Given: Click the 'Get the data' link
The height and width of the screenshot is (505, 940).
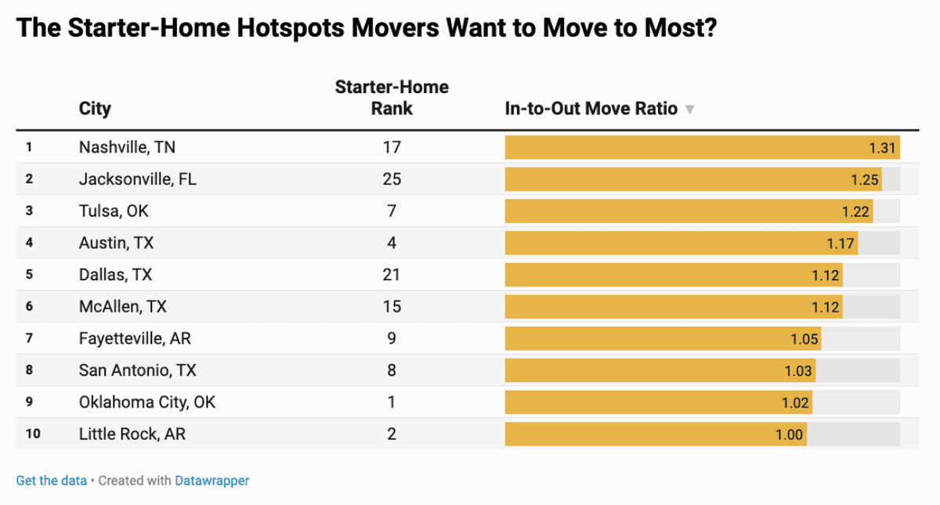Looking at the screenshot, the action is (51, 481).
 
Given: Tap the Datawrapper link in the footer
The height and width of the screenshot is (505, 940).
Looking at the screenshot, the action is (212, 481).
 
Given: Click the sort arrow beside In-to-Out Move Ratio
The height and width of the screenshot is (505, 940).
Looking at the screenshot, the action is (689, 110).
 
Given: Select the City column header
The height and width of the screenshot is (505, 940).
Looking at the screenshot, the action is (95, 109).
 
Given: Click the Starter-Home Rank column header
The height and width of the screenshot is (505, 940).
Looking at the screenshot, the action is (392, 98).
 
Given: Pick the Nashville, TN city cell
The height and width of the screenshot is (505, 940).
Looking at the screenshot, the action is (127, 147).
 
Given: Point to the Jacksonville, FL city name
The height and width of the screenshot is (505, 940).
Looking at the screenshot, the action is (138, 179).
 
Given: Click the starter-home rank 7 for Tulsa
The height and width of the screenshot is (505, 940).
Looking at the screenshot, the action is (392, 211).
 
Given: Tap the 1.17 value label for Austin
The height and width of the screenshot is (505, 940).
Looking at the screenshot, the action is (840, 243).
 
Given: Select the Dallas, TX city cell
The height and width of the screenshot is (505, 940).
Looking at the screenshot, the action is (115, 275).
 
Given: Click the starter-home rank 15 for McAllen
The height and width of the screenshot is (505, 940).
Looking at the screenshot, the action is (392, 307).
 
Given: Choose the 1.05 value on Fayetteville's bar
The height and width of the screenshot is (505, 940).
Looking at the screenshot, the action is (804, 339).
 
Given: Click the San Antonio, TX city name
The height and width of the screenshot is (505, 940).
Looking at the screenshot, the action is (138, 370).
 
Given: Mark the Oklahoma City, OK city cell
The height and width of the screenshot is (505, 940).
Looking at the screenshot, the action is (147, 402).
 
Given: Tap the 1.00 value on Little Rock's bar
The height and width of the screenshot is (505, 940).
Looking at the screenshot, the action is (789, 435).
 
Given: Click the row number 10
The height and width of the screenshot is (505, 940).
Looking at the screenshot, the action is (33, 434).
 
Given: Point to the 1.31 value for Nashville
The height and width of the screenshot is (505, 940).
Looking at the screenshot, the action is (882, 148).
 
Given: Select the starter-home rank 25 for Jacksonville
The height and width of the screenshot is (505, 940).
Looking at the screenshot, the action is (392, 179).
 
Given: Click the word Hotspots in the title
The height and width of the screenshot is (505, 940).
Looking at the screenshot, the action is (291, 28).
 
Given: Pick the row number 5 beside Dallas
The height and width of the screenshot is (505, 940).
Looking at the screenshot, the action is (29, 274).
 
